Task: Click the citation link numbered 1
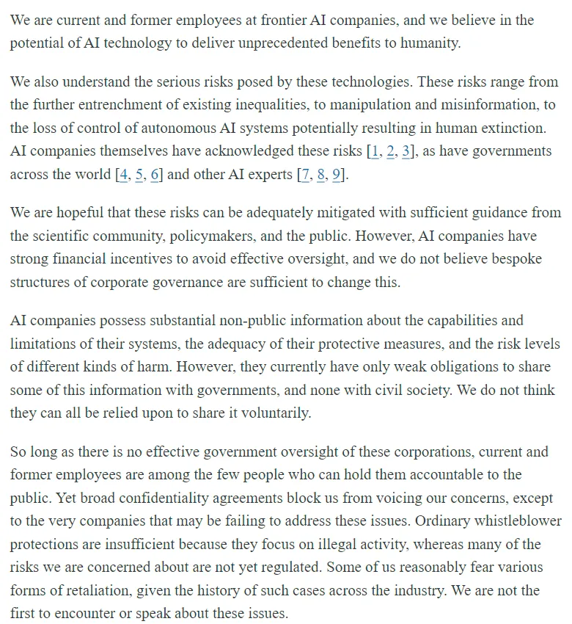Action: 375,150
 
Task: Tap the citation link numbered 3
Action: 406,150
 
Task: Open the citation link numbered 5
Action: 139,175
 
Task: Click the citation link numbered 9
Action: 337,175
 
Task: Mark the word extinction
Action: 510,127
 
